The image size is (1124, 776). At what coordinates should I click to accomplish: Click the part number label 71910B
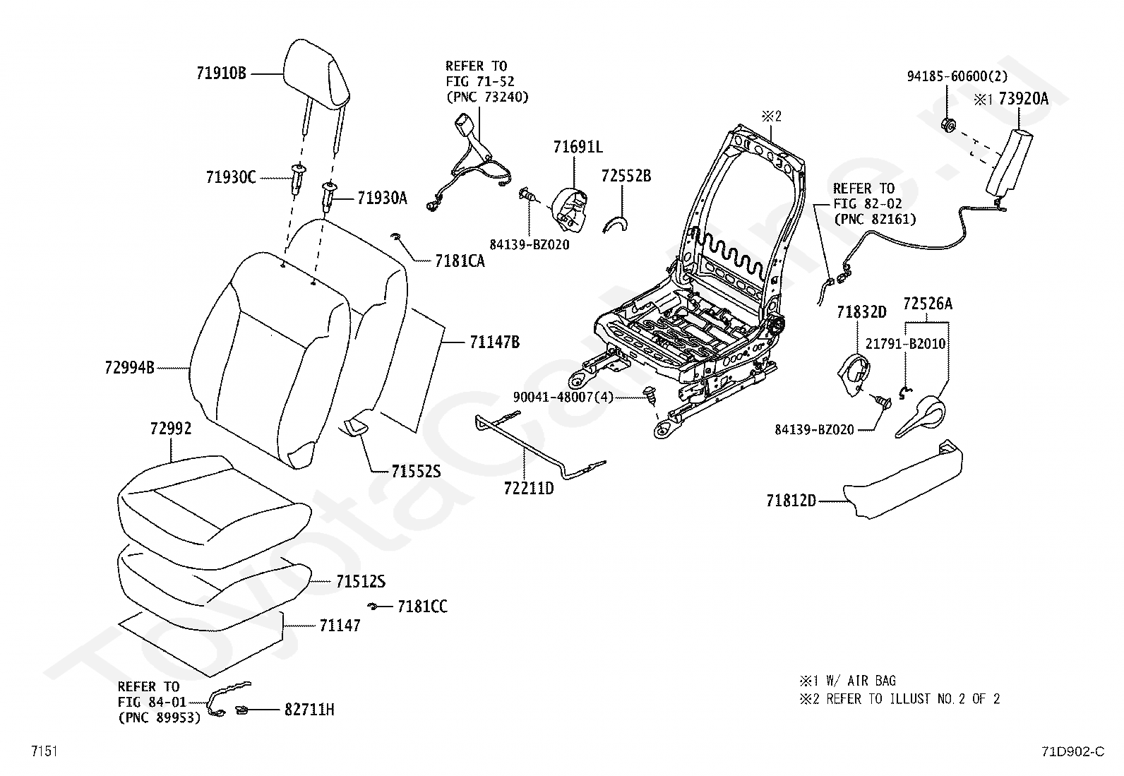click(221, 73)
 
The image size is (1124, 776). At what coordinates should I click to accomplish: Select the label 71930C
click(231, 177)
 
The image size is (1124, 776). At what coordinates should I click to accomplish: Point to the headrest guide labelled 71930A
click(329, 196)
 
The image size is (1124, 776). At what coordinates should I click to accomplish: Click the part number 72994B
click(129, 367)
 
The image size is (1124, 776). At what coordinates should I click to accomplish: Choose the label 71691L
click(578, 147)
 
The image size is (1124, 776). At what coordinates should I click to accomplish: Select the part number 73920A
click(1023, 99)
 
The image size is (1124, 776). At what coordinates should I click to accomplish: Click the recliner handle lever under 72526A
click(921, 416)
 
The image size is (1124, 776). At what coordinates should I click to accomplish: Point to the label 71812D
click(791, 501)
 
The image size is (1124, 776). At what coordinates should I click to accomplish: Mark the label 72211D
click(529, 488)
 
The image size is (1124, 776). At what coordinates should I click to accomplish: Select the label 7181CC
click(422, 607)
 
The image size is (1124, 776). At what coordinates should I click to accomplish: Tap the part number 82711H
click(309, 709)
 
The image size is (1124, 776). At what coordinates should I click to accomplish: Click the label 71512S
click(361, 581)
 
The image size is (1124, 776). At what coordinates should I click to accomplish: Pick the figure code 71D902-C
click(1073, 751)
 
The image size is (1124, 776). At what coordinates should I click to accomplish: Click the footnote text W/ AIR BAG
click(861, 681)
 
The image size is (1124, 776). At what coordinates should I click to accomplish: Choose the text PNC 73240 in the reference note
click(487, 97)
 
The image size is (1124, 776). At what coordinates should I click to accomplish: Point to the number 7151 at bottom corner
click(44, 751)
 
